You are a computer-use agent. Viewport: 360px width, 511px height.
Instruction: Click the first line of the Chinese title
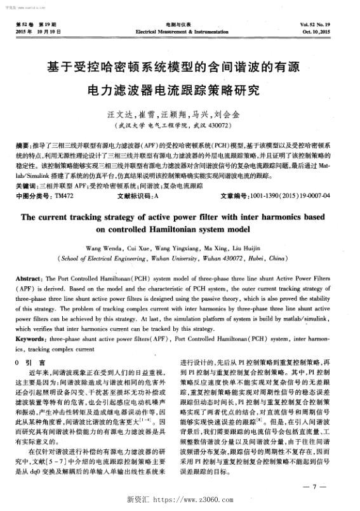[x=179, y=67]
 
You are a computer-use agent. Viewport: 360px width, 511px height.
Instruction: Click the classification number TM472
[x=64, y=196]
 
